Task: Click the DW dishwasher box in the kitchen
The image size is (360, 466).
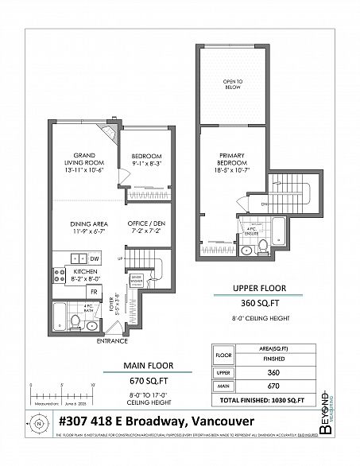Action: pyautogui.click(x=95, y=259)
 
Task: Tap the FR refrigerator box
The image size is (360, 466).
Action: pyautogui.click(x=95, y=291)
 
